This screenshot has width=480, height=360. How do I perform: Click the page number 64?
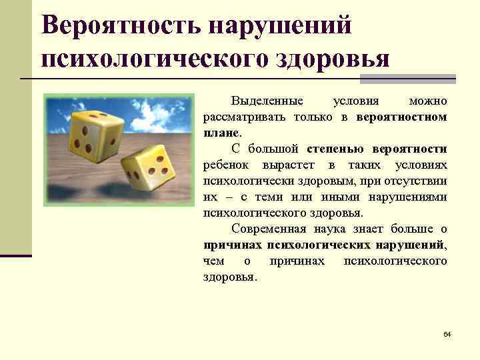(447, 333)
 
